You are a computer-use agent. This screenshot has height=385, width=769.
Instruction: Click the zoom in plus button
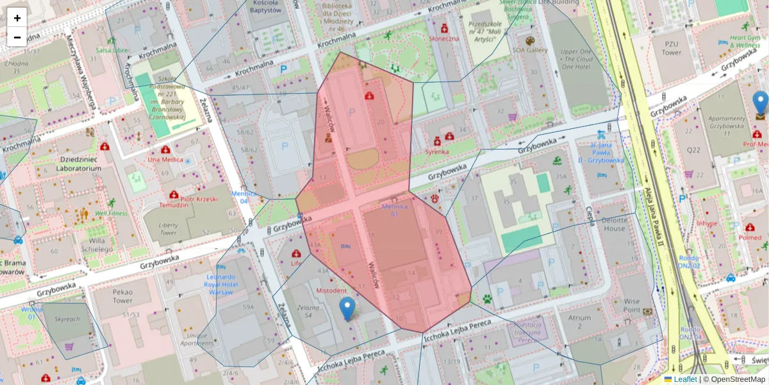(17, 17)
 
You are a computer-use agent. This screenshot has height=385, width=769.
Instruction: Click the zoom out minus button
(17, 37)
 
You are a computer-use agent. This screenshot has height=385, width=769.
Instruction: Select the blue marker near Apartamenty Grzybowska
(760, 103)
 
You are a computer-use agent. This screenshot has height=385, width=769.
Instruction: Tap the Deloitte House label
(614, 224)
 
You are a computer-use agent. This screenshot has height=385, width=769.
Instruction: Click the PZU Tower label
(671, 49)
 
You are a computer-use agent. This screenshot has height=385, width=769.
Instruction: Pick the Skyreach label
(67, 318)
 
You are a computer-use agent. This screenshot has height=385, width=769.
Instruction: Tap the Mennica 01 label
(394, 210)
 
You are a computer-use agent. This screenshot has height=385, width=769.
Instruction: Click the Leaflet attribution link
(685, 379)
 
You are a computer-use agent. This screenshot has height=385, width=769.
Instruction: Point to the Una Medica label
(165, 159)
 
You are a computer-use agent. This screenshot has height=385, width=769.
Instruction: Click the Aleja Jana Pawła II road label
(656, 212)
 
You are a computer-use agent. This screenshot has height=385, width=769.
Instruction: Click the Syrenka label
(436, 152)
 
